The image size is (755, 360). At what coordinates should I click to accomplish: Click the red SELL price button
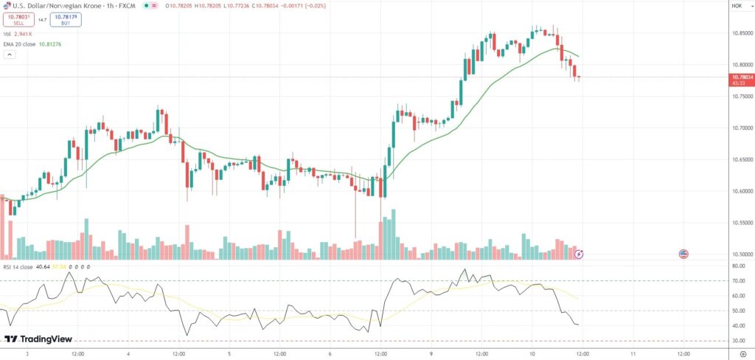18,19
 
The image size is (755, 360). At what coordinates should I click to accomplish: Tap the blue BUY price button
66,19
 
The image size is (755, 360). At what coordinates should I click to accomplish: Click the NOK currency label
737,6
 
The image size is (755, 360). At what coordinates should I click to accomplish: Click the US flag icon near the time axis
683,254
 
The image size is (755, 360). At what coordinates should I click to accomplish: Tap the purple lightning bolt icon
579,254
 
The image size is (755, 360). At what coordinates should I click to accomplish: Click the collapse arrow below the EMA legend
10,55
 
